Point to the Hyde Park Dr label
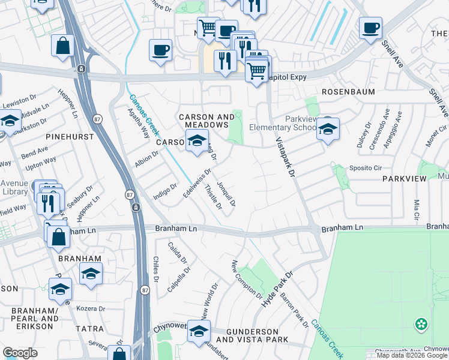click(x=277, y=290)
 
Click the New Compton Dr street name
click(x=247, y=280)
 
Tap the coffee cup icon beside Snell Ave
click(x=370, y=28)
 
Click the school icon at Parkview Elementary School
click(x=328, y=130)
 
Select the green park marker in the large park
click(x=422, y=325)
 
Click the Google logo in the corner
click(x=20, y=352)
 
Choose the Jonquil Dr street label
click(x=226, y=194)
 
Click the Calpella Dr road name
click(x=179, y=278)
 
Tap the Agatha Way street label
click(x=138, y=123)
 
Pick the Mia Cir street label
click(x=415, y=210)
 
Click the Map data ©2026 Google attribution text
click(x=412, y=355)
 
